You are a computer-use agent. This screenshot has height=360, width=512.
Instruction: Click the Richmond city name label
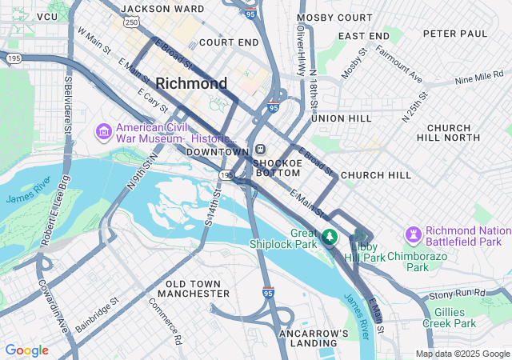coord(191,83)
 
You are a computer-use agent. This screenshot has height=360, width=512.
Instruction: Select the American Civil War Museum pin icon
coord(104,130)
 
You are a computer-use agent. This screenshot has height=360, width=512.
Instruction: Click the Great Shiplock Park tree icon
coord(329,238)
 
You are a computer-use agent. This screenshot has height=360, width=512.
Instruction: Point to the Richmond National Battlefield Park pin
coord(414,235)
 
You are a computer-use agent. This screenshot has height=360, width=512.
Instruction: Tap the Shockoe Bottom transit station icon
coord(261,150)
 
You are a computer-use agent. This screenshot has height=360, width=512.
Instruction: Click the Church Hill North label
coord(459,133)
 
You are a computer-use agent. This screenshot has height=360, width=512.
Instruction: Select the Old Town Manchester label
coord(198,289)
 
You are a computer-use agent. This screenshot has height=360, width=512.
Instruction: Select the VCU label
coord(47,16)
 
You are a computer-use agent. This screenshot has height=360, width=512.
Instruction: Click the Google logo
coord(26,350)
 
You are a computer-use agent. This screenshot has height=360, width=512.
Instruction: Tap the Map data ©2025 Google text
coord(462,354)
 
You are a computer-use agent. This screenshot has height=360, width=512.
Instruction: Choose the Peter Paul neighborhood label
coord(454,34)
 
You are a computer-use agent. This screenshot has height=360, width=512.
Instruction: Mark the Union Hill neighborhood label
coord(342,118)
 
